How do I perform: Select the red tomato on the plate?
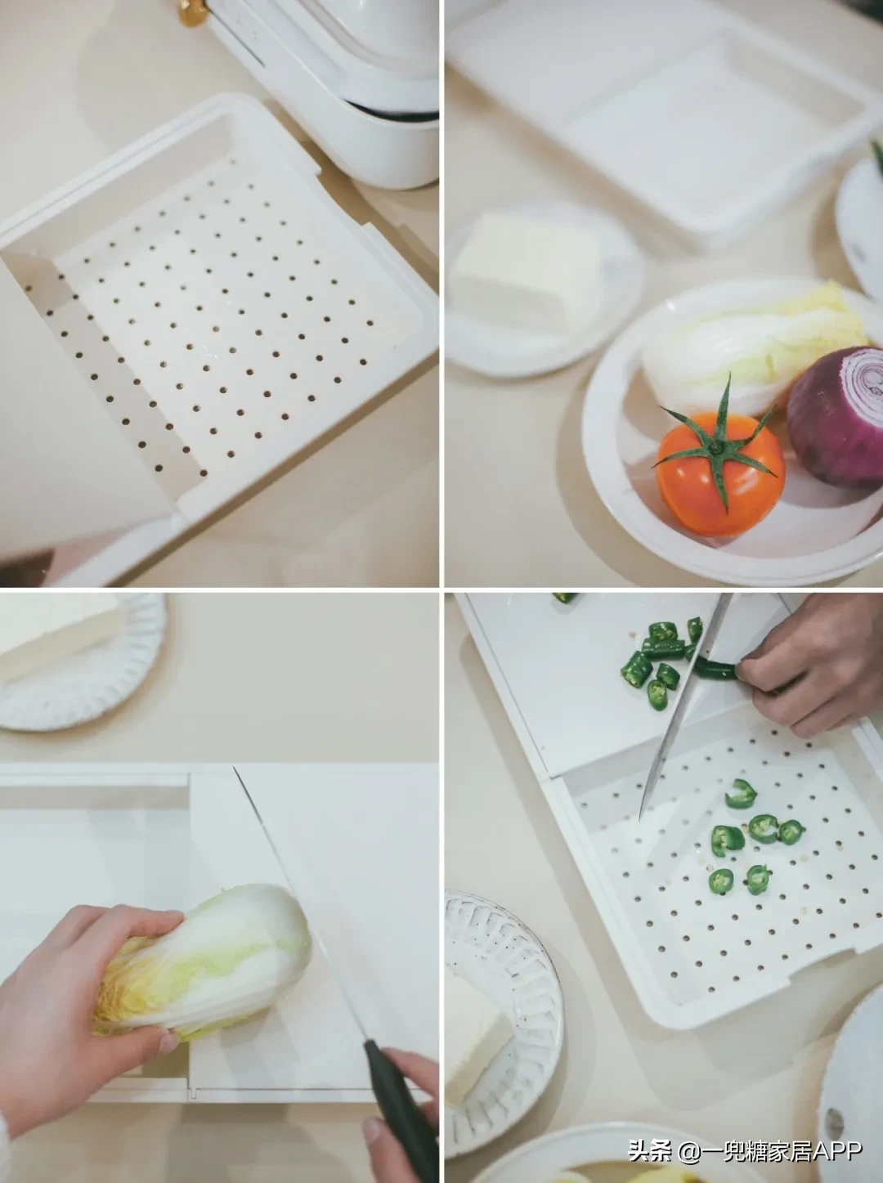pos(719,474)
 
